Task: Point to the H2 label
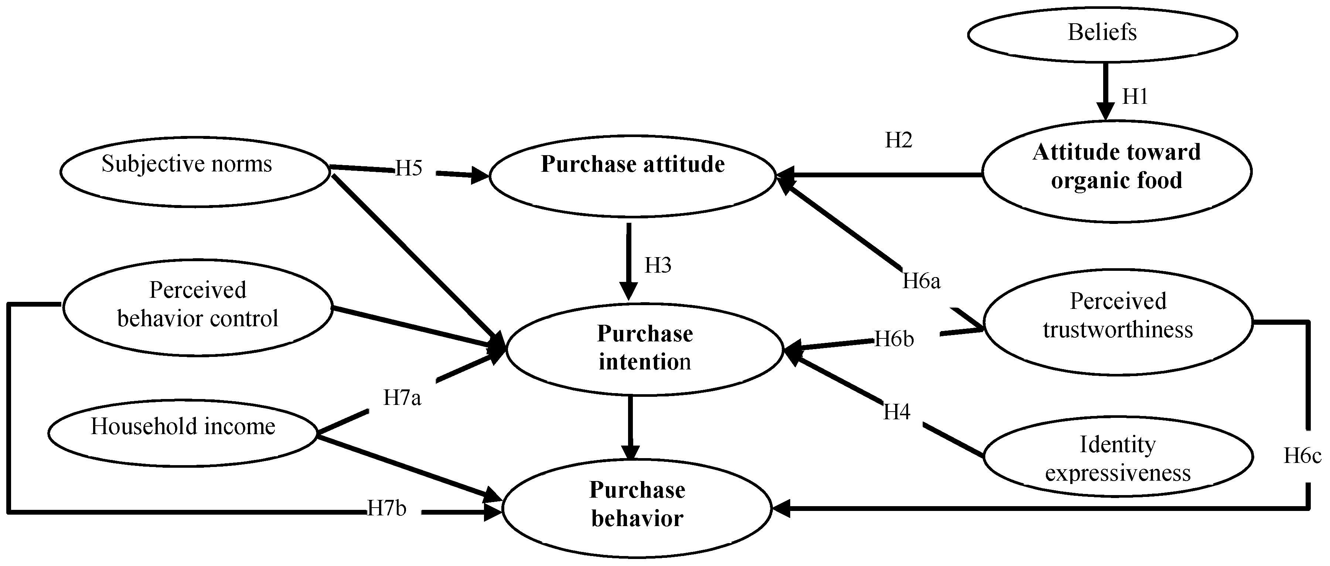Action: coord(898,140)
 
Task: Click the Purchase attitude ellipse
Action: coord(632,175)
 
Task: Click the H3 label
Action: coord(658,265)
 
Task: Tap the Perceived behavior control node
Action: coord(197,307)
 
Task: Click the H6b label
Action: coord(894,339)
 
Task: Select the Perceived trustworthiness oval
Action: coord(1117,321)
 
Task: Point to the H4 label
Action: coord(897,412)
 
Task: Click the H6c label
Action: coord(1302,456)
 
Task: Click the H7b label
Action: coord(387,509)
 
